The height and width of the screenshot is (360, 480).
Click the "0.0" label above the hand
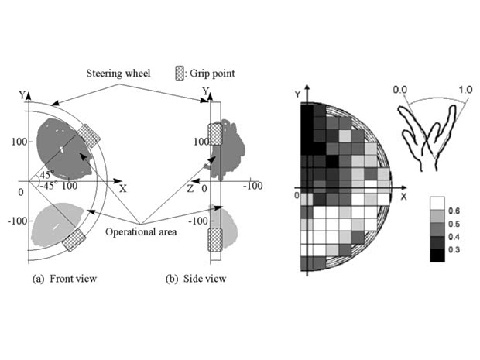pos(399,90)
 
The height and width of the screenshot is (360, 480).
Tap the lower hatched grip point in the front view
pos(77,239)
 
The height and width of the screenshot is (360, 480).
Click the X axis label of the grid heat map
pos(403,196)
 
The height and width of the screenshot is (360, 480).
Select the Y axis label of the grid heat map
pos(297,94)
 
